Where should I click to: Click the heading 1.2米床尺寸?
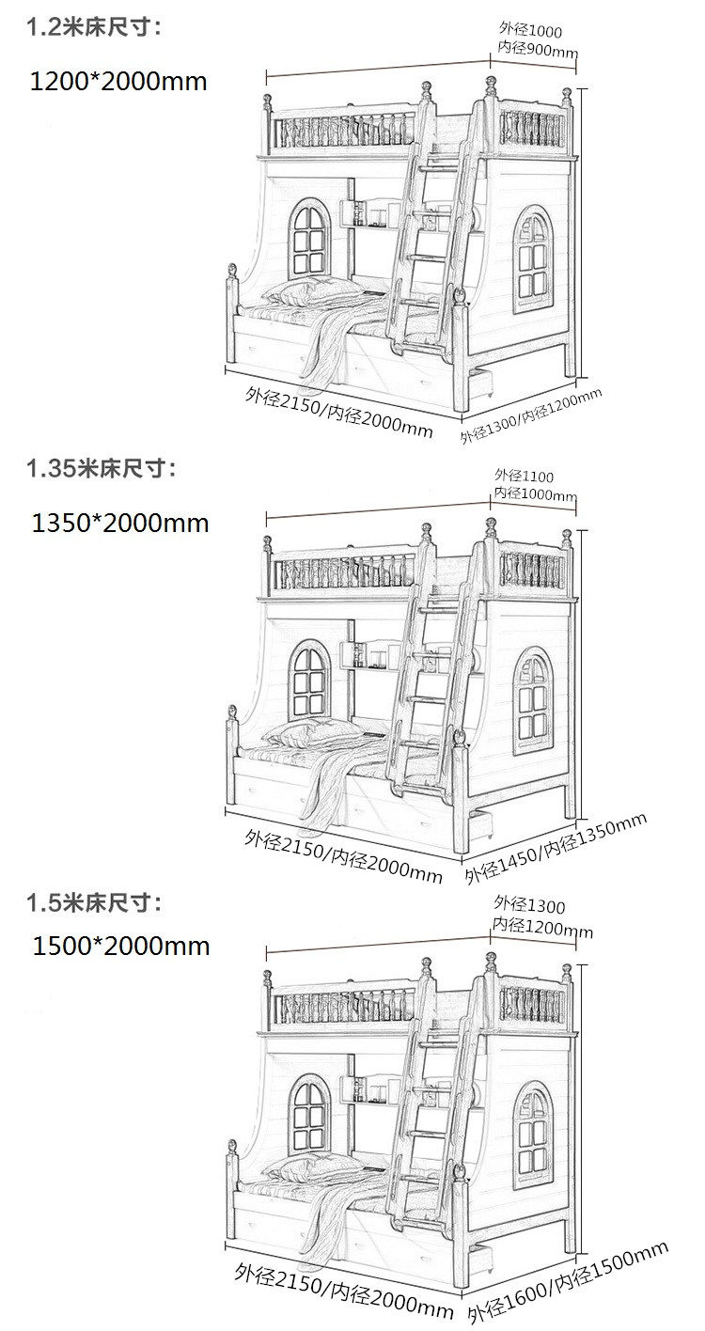click(x=94, y=28)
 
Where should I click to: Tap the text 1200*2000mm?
click(x=118, y=82)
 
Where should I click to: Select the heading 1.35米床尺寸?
click(x=102, y=468)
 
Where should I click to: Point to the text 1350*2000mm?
click(x=120, y=524)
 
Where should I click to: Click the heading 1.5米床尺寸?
click(x=94, y=903)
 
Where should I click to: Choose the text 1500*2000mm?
click(x=121, y=946)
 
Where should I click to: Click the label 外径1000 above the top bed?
click(x=530, y=29)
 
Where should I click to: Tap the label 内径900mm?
click(x=538, y=49)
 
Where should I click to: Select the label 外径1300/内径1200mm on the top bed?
click(x=531, y=415)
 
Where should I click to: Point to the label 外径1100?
click(x=524, y=476)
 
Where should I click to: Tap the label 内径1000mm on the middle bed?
click(x=535, y=493)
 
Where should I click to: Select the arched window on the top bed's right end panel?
click(x=534, y=259)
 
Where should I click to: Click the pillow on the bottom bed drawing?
click(x=311, y=1167)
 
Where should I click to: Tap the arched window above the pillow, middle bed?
click(x=309, y=680)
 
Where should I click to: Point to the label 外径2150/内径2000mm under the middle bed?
click(x=343, y=855)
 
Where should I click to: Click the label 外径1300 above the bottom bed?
click(x=529, y=904)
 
